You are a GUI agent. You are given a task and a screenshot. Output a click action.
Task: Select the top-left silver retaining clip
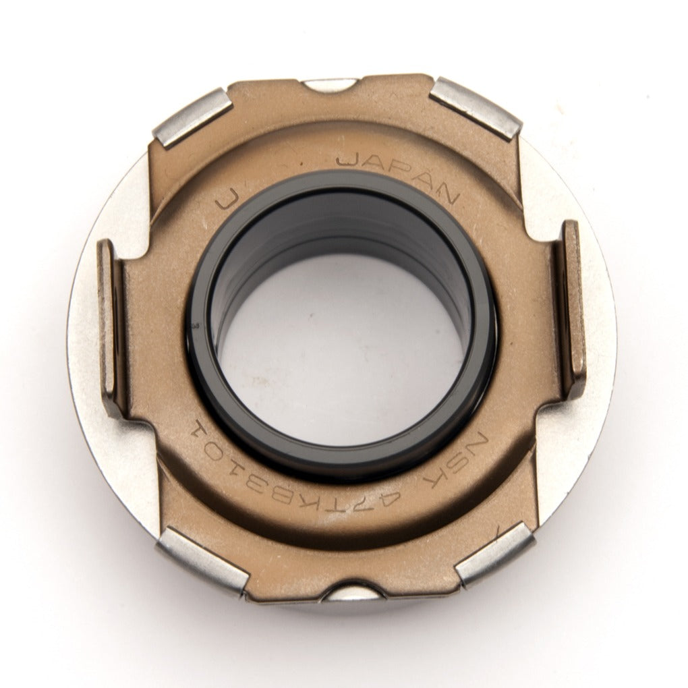(192, 118)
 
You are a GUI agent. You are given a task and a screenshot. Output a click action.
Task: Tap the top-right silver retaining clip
(476, 108)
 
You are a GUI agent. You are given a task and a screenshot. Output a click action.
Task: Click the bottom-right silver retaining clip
(496, 553)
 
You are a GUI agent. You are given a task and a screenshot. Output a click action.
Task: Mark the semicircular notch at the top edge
(328, 84)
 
